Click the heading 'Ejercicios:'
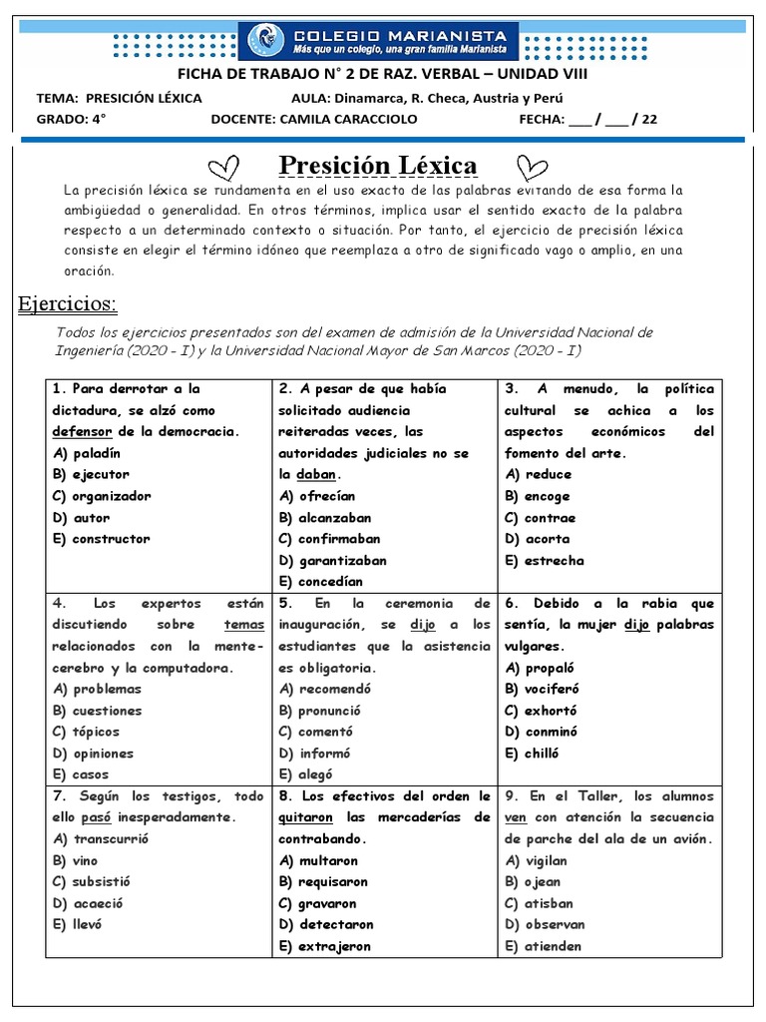(x=68, y=303)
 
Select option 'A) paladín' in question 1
(x=89, y=452)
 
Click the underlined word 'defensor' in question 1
(x=83, y=431)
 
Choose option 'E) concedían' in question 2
(x=320, y=581)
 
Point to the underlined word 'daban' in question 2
(x=316, y=474)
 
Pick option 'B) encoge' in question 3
(x=538, y=496)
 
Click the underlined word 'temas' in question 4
(x=244, y=625)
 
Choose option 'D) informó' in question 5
(x=314, y=754)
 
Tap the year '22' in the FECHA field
(x=649, y=120)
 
